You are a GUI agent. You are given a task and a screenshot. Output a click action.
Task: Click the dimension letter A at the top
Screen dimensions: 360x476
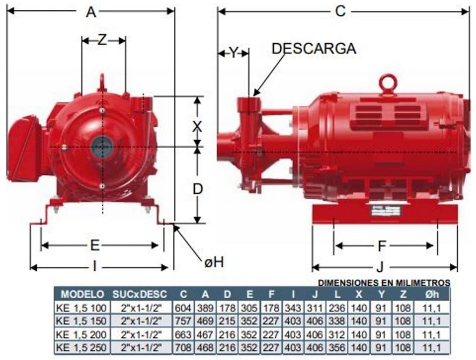coord(91,12)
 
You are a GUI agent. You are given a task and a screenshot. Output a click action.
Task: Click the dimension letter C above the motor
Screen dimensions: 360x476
coord(341,12)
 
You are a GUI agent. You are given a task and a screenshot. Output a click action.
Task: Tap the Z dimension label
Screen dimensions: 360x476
coord(102,40)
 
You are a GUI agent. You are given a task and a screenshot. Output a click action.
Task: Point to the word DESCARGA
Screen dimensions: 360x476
coord(314,49)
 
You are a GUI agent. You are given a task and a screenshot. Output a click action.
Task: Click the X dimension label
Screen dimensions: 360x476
coord(198,125)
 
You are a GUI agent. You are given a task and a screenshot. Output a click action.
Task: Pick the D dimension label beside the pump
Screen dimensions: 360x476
coord(198,189)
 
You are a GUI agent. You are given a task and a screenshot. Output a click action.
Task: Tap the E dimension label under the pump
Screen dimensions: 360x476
coord(95,245)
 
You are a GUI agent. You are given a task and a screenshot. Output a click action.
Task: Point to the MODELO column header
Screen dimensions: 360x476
coord(82,294)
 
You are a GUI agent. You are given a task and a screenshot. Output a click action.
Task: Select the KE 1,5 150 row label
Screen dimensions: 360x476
coord(81,321)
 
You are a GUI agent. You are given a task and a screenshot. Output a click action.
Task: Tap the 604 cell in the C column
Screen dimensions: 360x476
coord(182,308)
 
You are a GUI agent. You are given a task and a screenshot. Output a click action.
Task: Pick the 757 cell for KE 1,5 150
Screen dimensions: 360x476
coord(182,321)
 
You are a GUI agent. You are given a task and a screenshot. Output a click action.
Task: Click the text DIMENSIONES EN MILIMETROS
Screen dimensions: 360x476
coord(384,282)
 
